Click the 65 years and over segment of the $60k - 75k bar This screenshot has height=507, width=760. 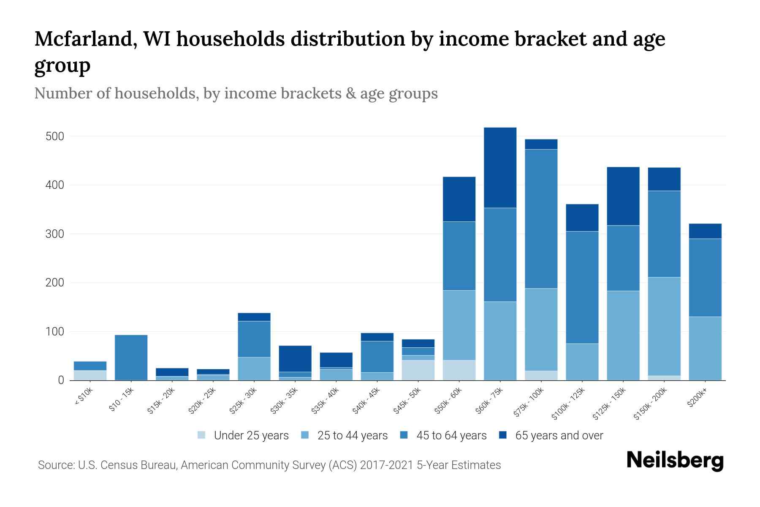[x=500, y=167]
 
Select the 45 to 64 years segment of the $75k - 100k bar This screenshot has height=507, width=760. [x=541, y=219]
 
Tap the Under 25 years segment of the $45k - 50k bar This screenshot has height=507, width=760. [x=418, y=370]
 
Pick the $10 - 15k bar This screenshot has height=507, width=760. [x=131, y=357]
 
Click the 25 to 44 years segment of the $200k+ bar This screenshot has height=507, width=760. [x=705, y=348]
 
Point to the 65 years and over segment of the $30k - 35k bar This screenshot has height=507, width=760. [x=295, y=358]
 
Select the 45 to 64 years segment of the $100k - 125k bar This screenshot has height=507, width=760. [x=582, y=287]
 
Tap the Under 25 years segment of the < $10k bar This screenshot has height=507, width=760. [x=90, y=375]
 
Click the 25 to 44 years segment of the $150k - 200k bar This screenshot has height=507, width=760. [x=664, y=326]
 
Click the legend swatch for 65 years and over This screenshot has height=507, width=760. [x=503, y=435]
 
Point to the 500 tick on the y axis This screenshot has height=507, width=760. [x=55, y=136]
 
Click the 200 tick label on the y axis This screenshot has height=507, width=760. [x=55, y=283]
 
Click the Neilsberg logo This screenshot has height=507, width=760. [x=675, y=461]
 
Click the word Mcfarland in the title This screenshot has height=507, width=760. [x=84, y=39]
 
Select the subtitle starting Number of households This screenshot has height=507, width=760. [x=236, y=93]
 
